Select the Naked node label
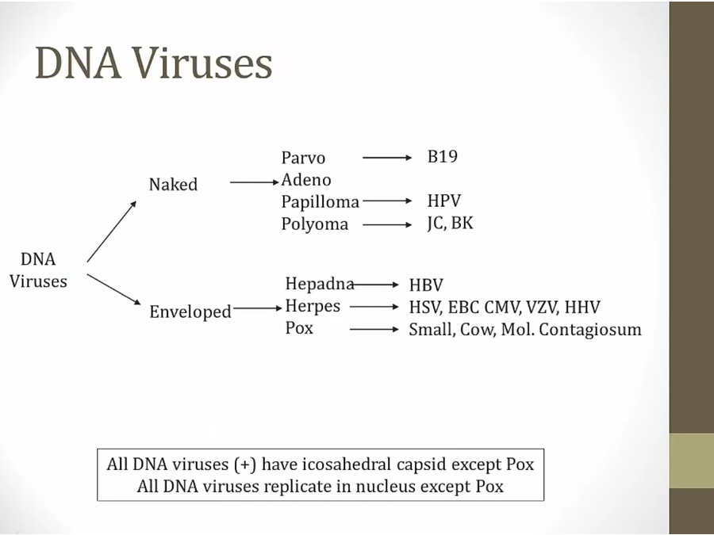[173, 185]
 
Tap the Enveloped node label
[190, 311]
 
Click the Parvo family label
[303, 158]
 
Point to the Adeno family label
[306, 180]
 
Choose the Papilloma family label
[320, 202]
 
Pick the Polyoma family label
[314, 224]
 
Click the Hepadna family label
[318, 284]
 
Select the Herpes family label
[313, 306]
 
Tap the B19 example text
[442, 156]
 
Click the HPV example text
[443, 201]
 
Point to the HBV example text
[426, 285]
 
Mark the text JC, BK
[449, 223]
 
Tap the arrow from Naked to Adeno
[255, 182]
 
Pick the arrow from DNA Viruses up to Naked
[112, 231]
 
